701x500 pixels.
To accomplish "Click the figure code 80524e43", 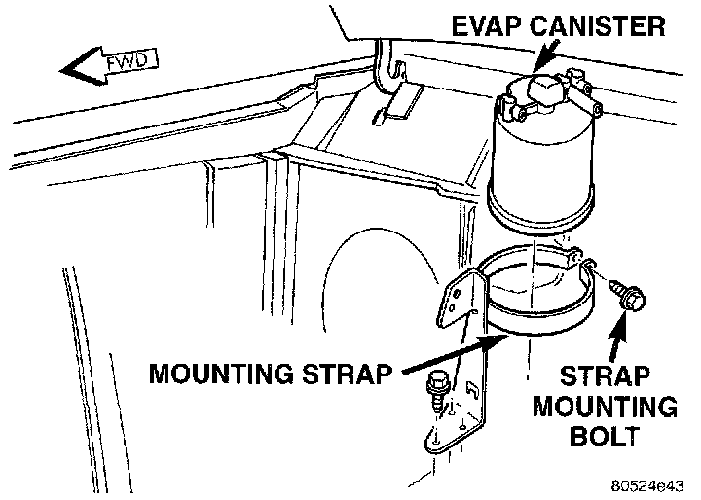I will [649, 483].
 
